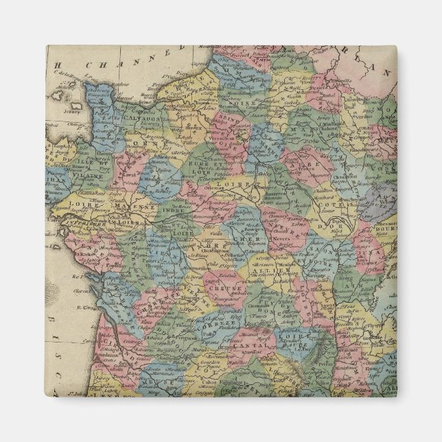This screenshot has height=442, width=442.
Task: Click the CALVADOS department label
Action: tap(143, 118)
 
